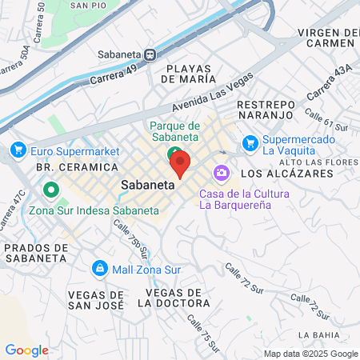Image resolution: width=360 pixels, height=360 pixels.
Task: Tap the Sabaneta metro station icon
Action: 149,54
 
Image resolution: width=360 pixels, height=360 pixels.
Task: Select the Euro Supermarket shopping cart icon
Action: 18,150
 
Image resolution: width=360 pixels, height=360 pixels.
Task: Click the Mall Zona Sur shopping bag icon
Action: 100,268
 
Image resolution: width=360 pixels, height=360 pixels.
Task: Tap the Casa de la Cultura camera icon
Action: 220,173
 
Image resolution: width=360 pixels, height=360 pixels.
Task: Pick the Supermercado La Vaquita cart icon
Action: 250,144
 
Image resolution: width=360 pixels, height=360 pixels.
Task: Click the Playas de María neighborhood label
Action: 188,74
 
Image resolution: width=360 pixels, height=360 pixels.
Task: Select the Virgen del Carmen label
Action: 328,38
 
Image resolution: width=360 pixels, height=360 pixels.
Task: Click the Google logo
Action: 26,350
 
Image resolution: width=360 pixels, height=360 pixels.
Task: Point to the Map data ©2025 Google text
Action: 310,354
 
